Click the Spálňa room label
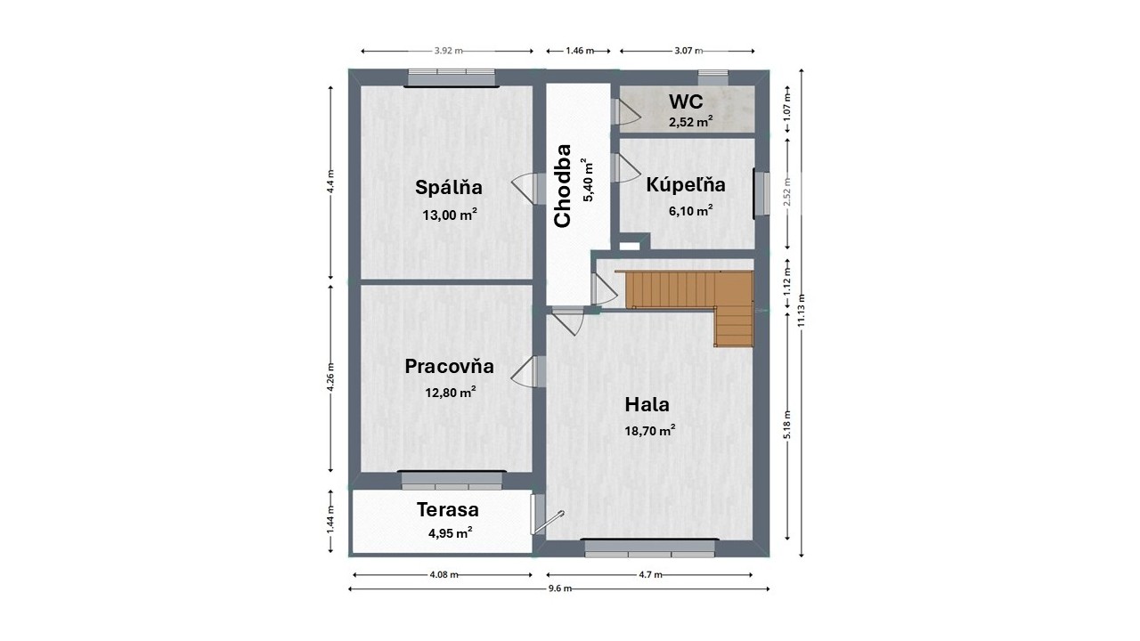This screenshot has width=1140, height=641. coord(448,187)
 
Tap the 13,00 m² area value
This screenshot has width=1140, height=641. coord(450,215)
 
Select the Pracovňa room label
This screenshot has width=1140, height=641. coord(450,366)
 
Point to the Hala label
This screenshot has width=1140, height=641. coord(647,405)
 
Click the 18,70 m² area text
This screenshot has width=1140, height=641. coord(650,430)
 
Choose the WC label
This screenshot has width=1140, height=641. coord(686,101)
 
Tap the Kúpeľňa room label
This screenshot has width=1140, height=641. coord(686,184)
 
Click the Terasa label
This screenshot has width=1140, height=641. coord(448,509)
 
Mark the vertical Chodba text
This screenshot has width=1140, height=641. coord(562,186)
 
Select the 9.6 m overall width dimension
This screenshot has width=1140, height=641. coord(559,588)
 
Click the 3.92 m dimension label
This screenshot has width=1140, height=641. coord(448,51)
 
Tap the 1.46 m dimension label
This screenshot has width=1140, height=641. coord(580,51)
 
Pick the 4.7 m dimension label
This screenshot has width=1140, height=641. coord(650,575)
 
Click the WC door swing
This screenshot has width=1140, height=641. coord(627,112)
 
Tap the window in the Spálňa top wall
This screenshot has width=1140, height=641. coord(452,78)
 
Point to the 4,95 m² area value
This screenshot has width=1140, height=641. coord(451,533)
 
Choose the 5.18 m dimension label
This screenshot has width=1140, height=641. coord(786,425)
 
